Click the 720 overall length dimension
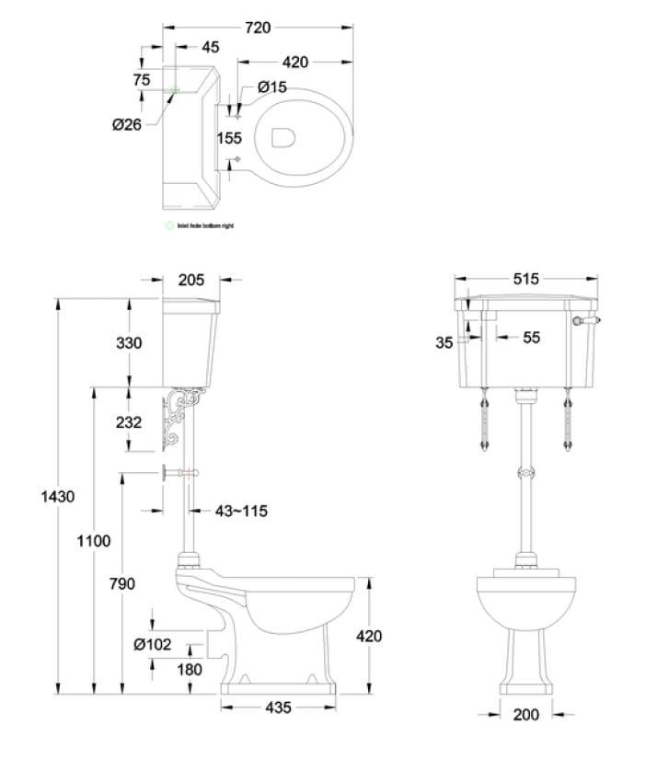(258, 29)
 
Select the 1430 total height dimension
(58, 496)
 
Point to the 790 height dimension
(121, 583)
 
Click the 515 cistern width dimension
(526, 279)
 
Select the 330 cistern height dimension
(129, 342)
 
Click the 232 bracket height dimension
(130, 421)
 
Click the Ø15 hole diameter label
(272, 86)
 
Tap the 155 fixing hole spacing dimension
(230, 138)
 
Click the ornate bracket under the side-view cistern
(183, 419)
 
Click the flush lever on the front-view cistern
(584, 320)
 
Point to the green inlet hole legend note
(198, 225)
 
